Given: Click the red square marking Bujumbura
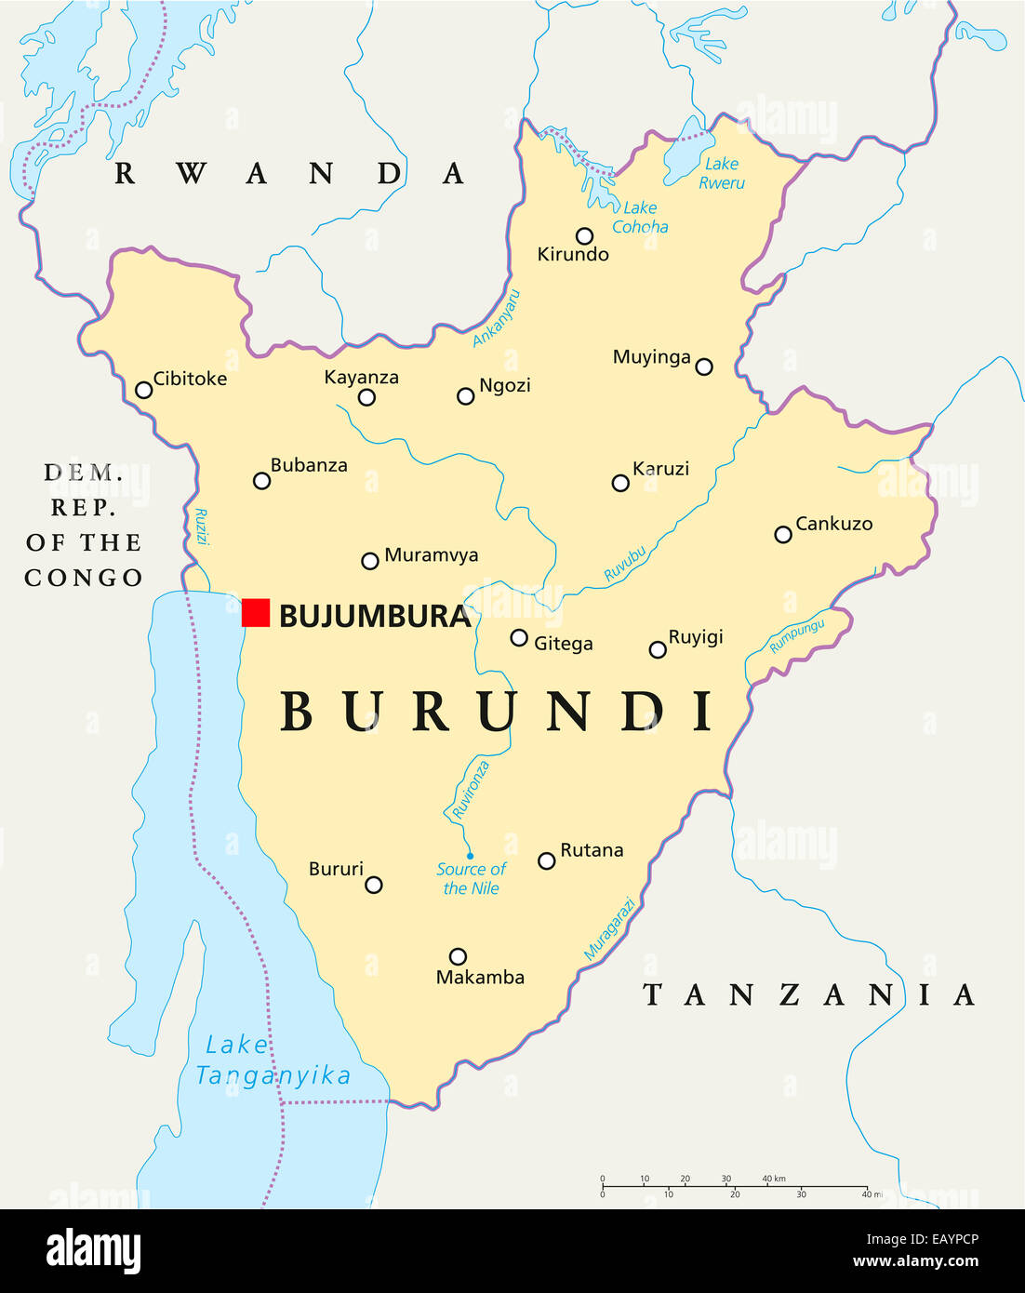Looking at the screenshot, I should [x=256, y=613].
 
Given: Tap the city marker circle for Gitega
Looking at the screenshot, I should [x=519, y=638].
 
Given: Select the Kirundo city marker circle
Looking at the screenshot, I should [x=584, y=236].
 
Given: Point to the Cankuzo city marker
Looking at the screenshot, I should [x=783, y=534].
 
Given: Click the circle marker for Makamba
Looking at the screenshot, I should [x=458, y=956].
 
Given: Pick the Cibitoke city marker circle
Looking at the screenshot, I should [x=144, y=390].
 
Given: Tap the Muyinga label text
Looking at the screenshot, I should [x=651, y=357].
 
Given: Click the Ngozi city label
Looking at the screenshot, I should [x=504, y=385].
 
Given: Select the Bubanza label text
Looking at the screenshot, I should [x=309, y=465].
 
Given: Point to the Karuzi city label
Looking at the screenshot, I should [x=660, y=469].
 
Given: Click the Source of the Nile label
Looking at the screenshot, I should [x=471, y=878].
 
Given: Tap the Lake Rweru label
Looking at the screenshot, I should [x=722, y=173].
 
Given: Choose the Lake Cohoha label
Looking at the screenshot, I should [x=640, y=218].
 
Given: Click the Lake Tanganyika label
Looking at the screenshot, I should [x=273, y=1060].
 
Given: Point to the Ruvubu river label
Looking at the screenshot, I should [x=625, y=564].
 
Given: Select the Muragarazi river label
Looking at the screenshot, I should [x=610, y=928].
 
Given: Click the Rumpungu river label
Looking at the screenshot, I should [x=796, y=636].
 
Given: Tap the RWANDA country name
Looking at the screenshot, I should [x=288, y=174].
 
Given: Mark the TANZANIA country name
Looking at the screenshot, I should [x=808, y=995].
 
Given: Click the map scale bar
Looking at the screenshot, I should [x=735, y=1186].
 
